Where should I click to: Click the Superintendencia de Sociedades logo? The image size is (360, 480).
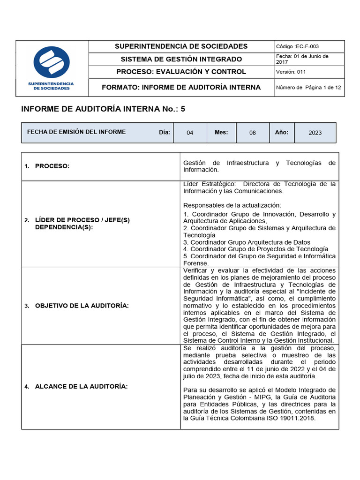coord(52,68)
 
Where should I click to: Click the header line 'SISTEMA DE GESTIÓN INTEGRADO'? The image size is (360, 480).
coord(181,59)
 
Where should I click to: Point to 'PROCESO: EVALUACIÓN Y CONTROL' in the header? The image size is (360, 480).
coord(181,72)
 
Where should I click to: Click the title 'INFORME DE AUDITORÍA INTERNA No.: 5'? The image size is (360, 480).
coord(103,109)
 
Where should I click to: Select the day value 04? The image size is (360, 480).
coord(190,133)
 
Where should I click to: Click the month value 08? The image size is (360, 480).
coord(253,133)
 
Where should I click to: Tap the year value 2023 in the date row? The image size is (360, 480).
coord(315,133)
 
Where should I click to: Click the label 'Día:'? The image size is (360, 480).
coord(164,132)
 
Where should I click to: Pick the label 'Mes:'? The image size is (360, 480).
coord(221,132)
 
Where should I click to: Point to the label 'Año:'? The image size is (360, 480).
coord(282,132)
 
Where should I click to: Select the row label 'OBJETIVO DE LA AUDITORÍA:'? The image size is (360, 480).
coord(82,306)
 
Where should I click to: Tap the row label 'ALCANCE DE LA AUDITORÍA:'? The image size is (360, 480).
coord(81,386)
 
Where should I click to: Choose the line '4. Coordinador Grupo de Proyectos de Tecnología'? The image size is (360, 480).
coord(255,249)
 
